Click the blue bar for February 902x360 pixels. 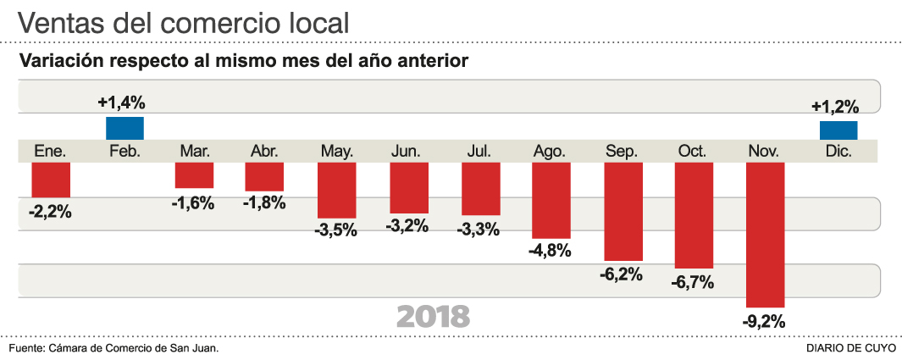(x=125, y=128)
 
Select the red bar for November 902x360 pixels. (x=766, y=235)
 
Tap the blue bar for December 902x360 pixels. (x=838, y=130)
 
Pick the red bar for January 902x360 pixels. (x=51, y=180)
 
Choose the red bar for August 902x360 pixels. (x=551, y=200)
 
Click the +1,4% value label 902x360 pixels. (x=122, y=103)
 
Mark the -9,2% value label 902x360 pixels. (x=764, y=321)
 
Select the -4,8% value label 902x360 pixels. (x=550, y=251)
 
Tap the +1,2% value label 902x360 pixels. (x=835, y=107)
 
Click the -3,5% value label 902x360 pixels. (x=335, y=230)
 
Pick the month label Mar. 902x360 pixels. (x=195, y=151)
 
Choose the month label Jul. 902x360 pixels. (x=479, y=151)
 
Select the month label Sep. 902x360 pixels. (x=622, y=151)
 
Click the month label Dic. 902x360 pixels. (x=838, y=151)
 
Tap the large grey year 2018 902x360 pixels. (x=433, y=316)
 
